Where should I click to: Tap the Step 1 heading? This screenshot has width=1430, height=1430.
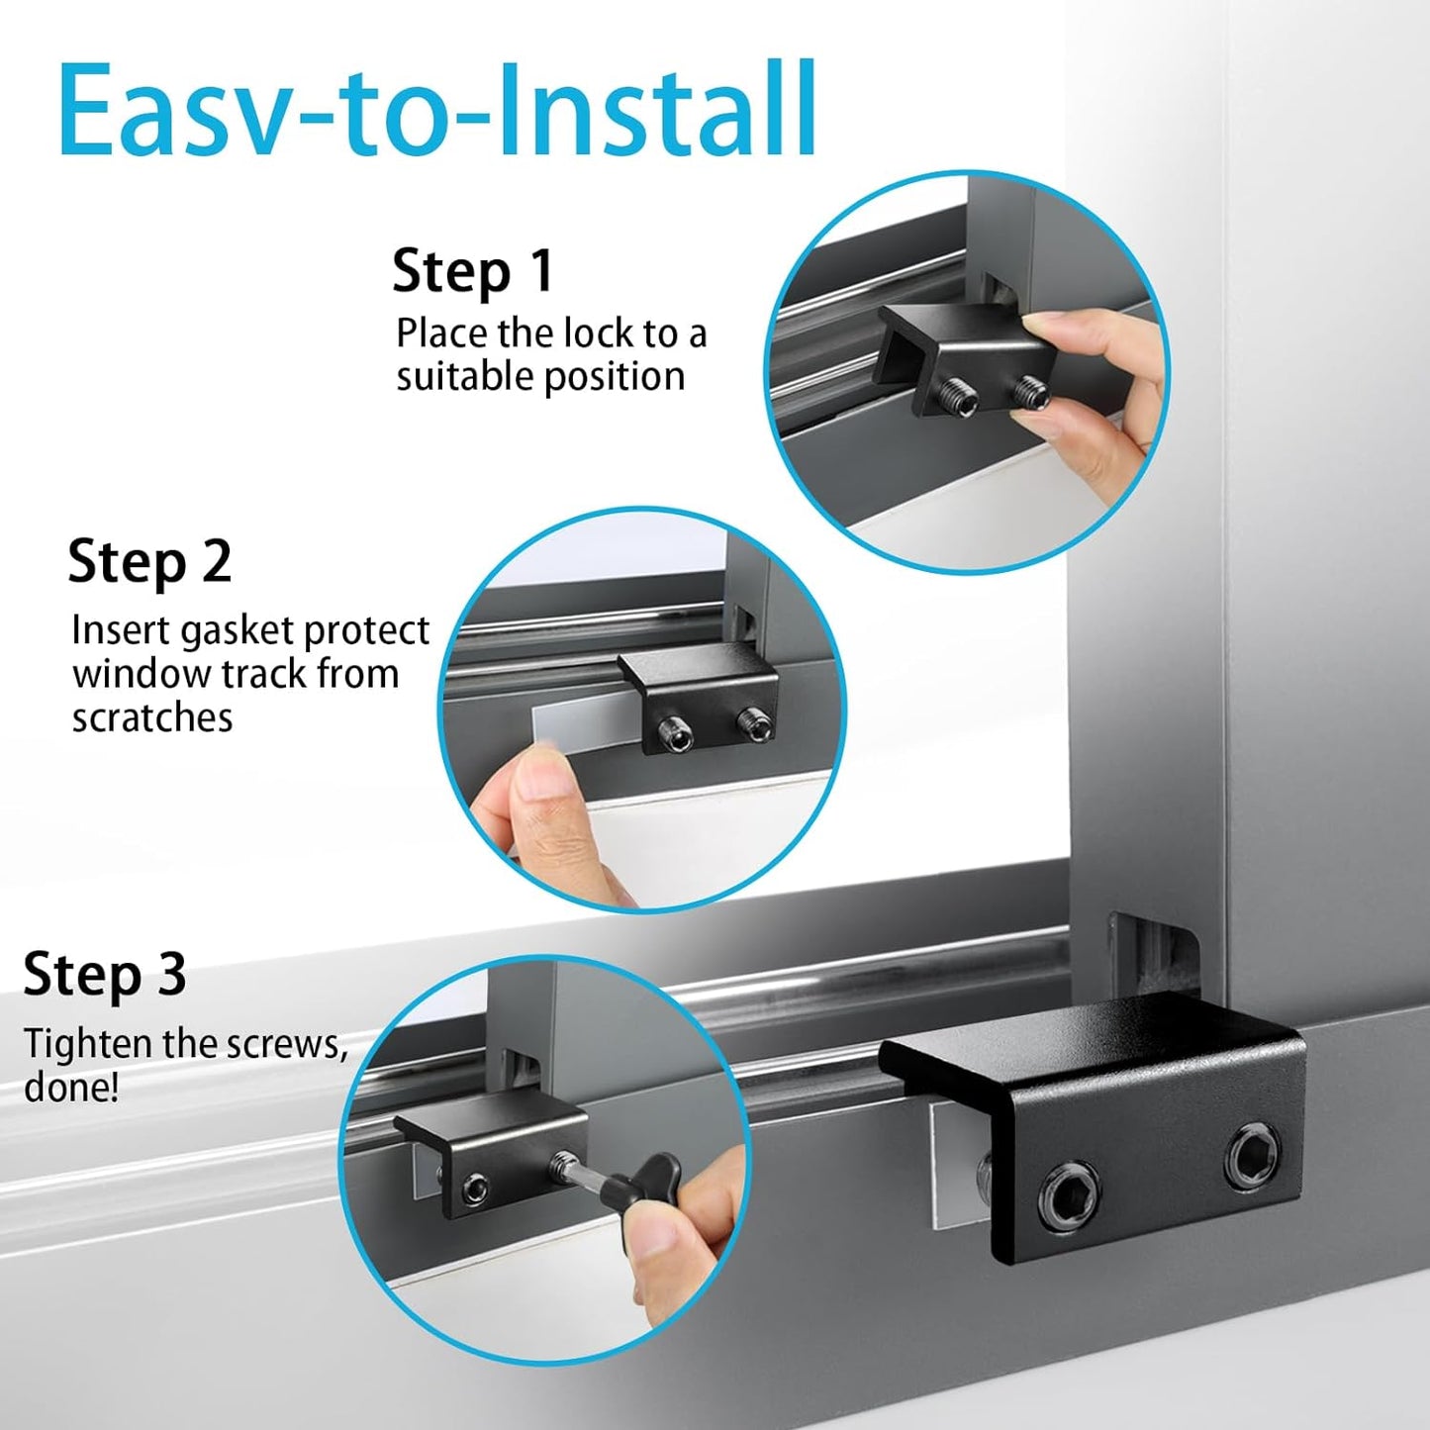pyautogui.click(x=472, y=271)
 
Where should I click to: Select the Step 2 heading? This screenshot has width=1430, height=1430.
pyautogui.click(x=149, y=561)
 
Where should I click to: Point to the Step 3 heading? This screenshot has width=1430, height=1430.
pyautogui.click(x=105, y=974)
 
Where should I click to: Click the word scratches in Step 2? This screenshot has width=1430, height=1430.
pyautogui.click(x=151, y=717)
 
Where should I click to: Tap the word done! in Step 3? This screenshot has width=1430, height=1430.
pyautogui.click(x=70, y=1088)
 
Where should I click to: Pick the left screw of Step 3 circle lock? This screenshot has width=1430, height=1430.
pyautogui.click(x=478, y=1187)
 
